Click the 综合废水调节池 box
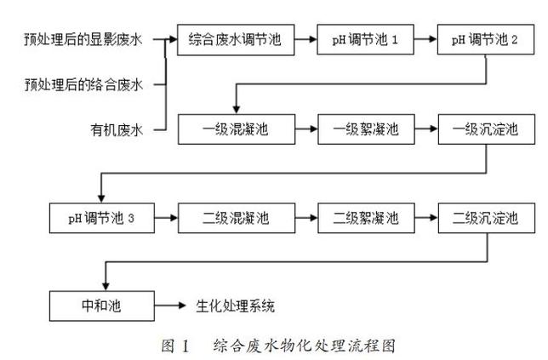pyautogui.click(x=235, y=39)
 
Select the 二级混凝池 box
pyautogui.click(x=235, y=218)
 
